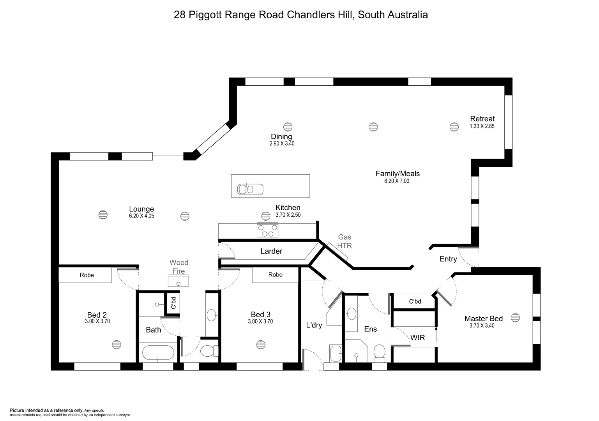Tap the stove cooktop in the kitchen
coord(267,230)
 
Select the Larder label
coord(271,251)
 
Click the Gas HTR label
coord(345,241)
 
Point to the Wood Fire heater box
coord(178,281)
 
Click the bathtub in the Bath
coord(158,353)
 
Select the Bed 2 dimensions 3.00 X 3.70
coord(97,322)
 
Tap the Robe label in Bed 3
coord(275,275)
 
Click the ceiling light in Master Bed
coord(515,318)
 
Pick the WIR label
coord(417,338)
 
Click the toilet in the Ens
coord(379,353)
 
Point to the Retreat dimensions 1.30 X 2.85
coord(482,126)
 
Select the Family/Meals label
coord(398,174)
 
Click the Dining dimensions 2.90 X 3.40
coord(282,143)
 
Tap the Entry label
coord(448,259)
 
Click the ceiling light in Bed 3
coord(261,345)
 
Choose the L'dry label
coord(314,325)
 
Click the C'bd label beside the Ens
coord(415,301)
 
